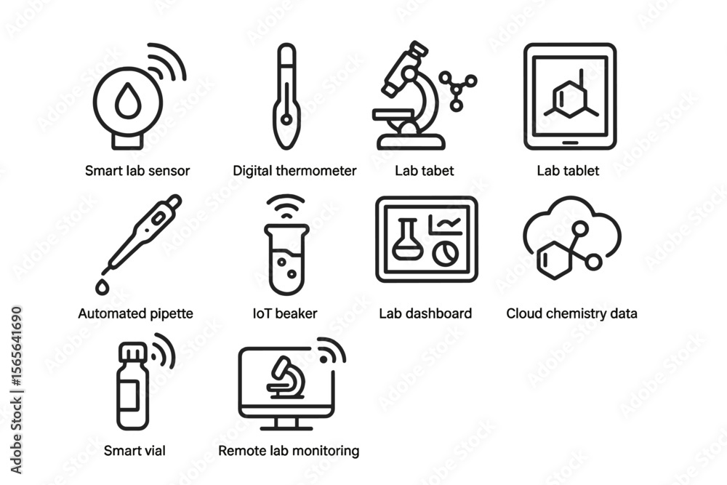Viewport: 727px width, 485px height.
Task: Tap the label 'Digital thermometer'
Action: pos(294,171)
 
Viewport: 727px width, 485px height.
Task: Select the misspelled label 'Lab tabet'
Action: pos(425,171)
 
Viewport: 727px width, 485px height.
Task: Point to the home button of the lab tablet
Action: pos(570,143)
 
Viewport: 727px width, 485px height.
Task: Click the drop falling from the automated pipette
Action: pos(102,287)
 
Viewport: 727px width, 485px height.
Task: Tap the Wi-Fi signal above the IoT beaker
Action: pos(286,207)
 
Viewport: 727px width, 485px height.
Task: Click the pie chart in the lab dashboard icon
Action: pos(446,253)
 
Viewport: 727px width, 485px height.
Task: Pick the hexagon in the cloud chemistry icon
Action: pos(554,260)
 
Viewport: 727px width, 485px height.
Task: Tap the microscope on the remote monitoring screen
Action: pos(286,377)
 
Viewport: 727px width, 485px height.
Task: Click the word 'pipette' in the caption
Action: pos(171,314)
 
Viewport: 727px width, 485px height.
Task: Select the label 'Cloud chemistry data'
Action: pos(571,313)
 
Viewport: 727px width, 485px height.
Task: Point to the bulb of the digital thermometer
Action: pos(286,120)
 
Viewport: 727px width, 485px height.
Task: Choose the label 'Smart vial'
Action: pos(134,451)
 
